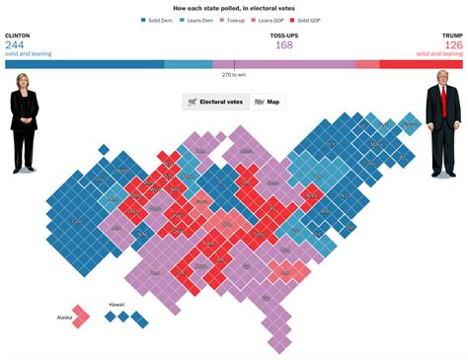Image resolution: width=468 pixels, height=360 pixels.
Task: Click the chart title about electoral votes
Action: [x=234, y=8]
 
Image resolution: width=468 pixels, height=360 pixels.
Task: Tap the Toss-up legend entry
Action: [x=237, y=20]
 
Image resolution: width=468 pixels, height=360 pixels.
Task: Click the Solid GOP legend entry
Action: [x=309, y=20]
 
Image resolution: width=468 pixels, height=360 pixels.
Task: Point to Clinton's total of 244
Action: [x=15, y=44]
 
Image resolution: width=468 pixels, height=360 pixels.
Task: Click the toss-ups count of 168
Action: [x=234, y=44]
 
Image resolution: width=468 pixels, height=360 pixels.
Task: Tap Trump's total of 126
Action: [x=452, y=44]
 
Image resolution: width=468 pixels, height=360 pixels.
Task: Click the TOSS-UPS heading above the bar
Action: [x=234, y=35]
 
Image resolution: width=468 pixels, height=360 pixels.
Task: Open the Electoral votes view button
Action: [x=215, y=102]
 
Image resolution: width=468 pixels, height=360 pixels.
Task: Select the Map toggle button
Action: [x=267, y=102]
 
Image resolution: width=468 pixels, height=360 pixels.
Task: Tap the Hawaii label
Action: [x=117, y=306]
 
